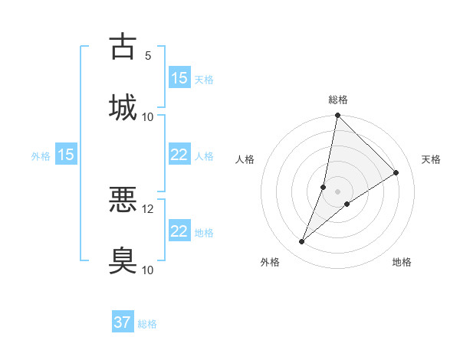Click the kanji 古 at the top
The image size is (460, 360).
tap(123, 46)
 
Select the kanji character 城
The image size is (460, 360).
tap(123, 106)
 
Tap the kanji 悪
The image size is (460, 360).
tap(123, 199)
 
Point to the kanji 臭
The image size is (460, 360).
tap(123, 260)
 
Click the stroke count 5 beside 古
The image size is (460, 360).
tap(148, 56)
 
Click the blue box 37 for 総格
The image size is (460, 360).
tap(123, 322)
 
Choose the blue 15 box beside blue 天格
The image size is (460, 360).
tap(179, 78)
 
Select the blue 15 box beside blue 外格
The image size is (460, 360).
tap(66, 155)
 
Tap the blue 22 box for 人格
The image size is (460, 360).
tap(179, 155)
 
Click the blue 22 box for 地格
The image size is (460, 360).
tap(179, 231)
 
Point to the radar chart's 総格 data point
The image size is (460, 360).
tap(337, 116)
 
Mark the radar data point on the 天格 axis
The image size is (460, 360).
tap(396, 172)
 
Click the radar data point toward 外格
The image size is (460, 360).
tap(302, 242)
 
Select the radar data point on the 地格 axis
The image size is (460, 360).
tap(347, 204)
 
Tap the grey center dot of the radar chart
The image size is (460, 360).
tap(337, 180)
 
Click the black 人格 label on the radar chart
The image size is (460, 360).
tap(245, 159)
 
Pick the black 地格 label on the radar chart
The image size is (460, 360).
tap(402, 263)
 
